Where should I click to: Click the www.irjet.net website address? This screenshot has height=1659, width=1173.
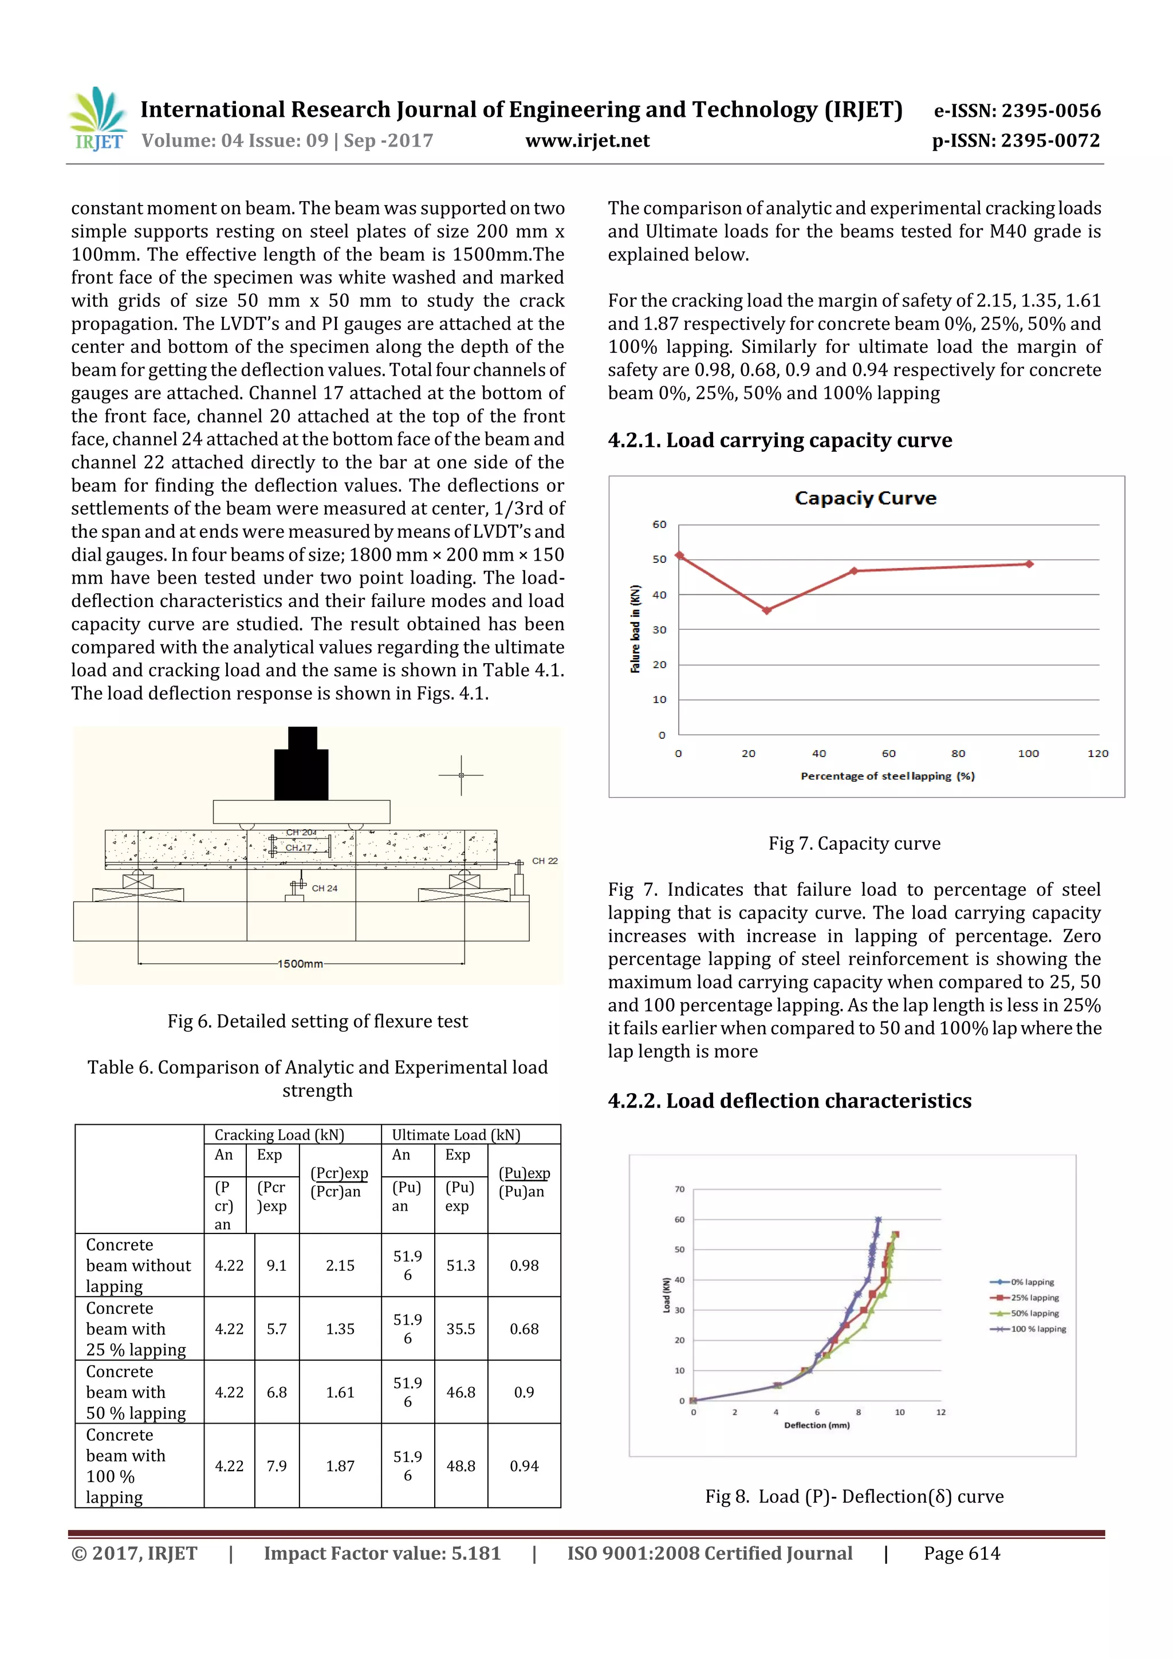tap(587, 141)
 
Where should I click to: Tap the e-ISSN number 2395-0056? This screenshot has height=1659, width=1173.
tap(1017, 111)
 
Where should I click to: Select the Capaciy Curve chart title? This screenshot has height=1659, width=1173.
tap(865, 498)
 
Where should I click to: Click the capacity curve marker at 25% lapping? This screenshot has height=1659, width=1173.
tap(767, 610)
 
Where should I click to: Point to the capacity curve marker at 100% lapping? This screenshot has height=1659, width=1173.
tap(1029, 563)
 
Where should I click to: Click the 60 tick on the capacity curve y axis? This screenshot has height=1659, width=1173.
tap(659, 525)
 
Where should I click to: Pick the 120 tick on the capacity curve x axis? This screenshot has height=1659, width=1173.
tap(1097, 753)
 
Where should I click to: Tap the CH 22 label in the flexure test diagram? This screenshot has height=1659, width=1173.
tap(545, 861)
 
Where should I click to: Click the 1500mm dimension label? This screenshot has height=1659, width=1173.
tap(301, 964)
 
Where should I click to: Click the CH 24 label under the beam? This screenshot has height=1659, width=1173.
tap(325, 888)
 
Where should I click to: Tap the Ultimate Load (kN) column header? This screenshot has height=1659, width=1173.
tap(455, 1134)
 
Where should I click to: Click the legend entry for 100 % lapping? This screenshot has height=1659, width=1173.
tap(1037, 1329)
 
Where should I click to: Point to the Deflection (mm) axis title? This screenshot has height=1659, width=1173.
tap(816, 1425)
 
